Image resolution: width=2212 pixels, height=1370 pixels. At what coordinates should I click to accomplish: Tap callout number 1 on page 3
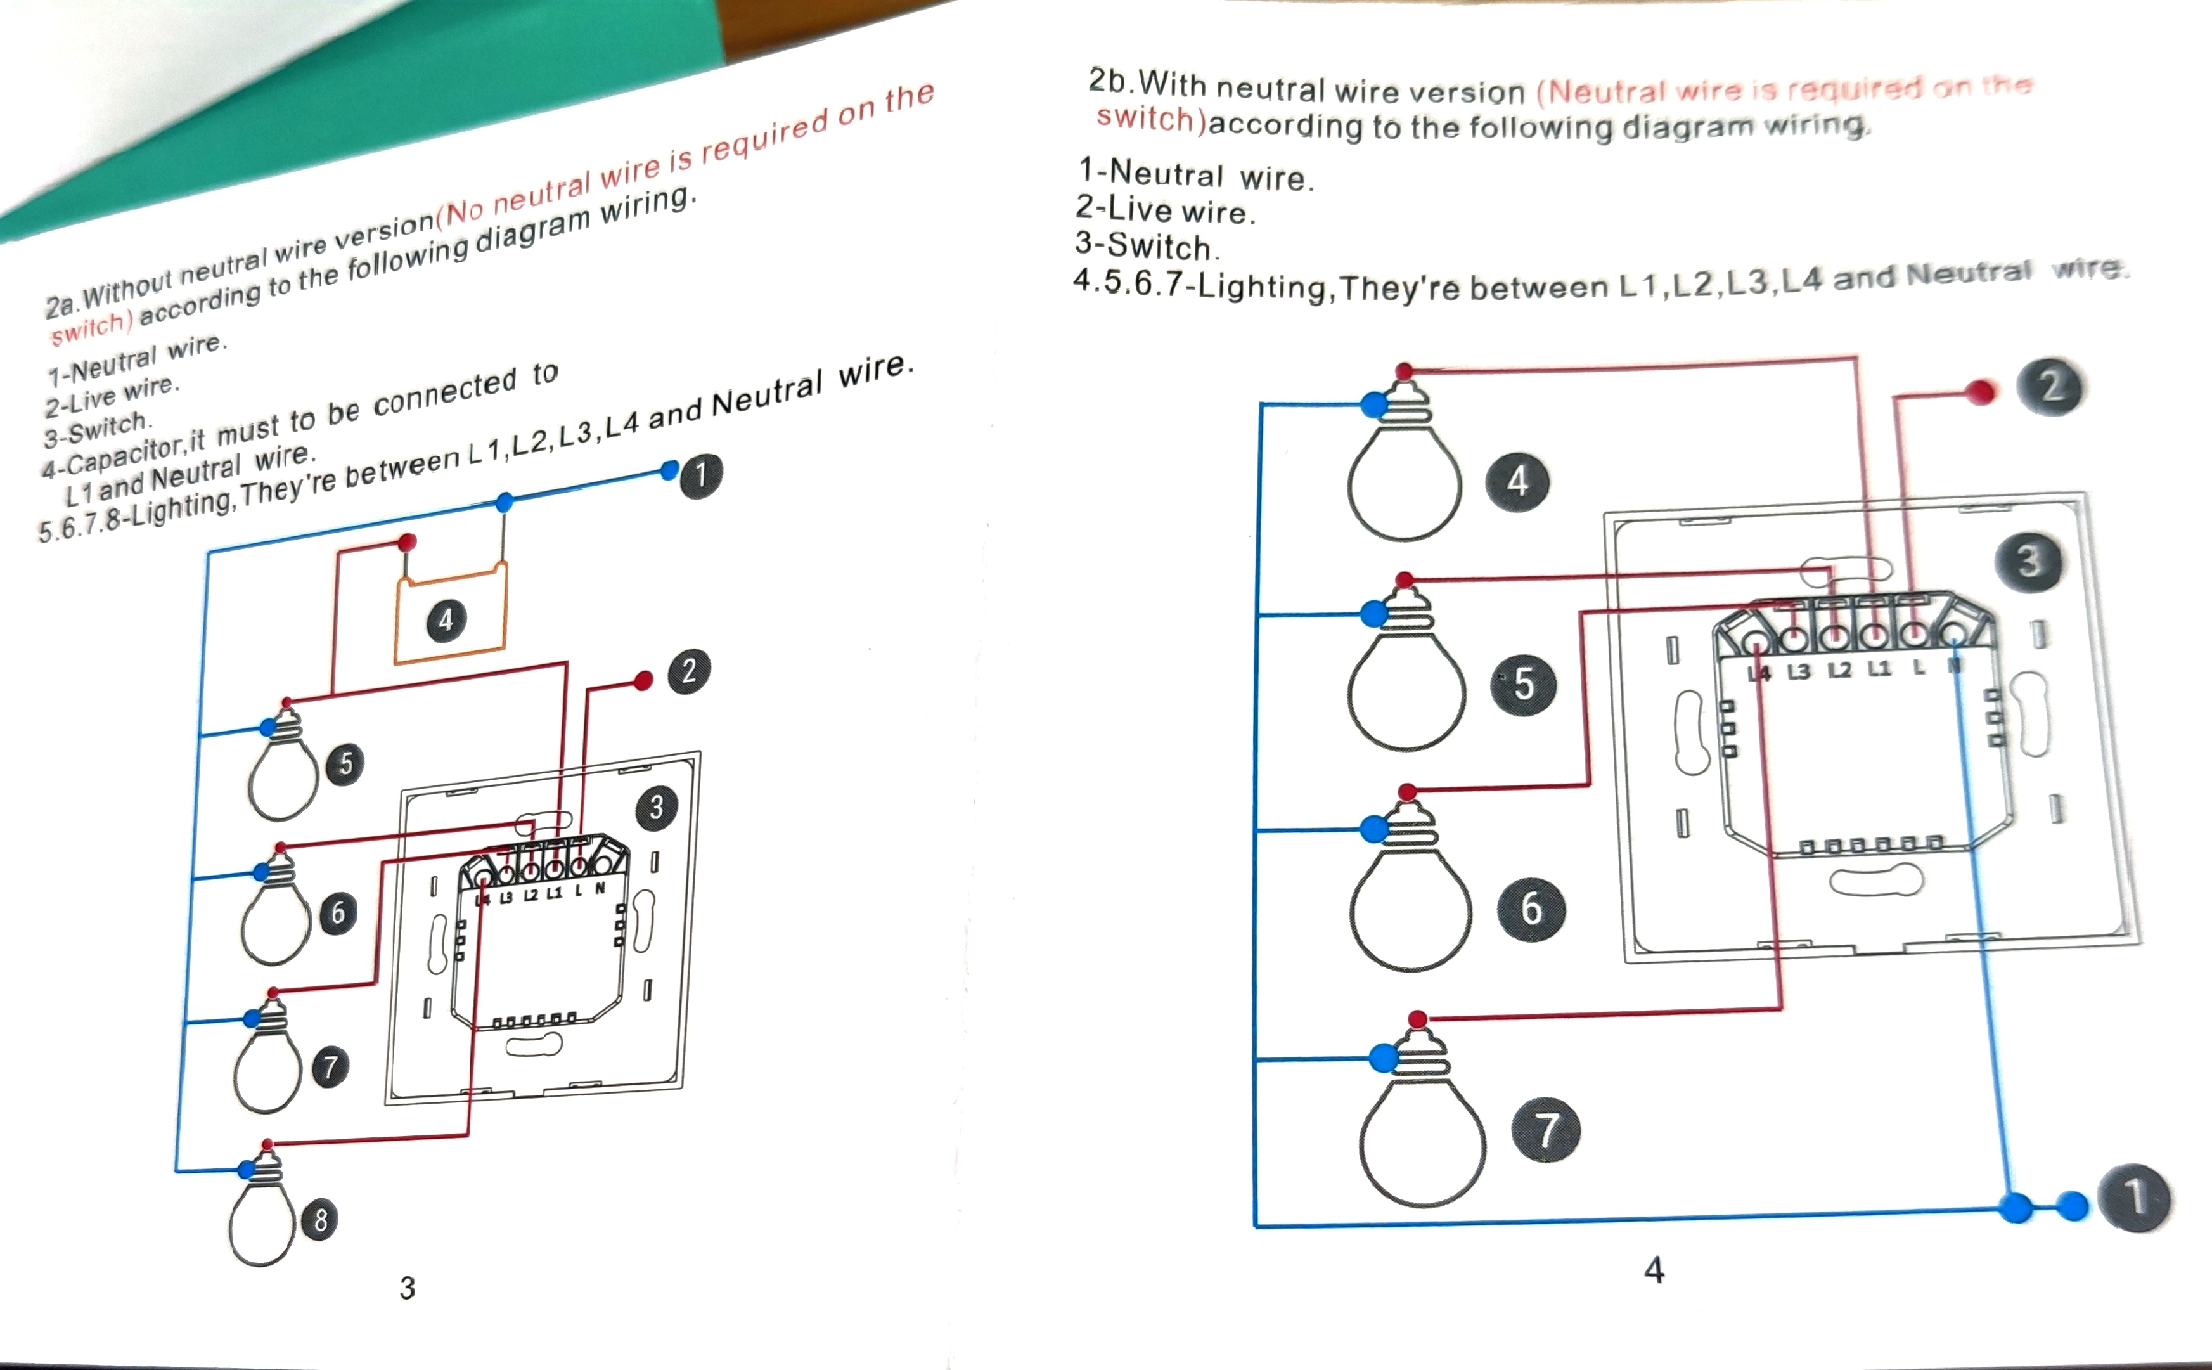click(700, 475)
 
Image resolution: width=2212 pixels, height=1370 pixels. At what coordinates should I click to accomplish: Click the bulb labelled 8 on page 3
click(262, 1218)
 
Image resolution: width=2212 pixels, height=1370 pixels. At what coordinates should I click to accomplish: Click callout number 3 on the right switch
click(2028, 561)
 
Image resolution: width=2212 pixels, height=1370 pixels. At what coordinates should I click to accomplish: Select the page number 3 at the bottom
click(408, 1288)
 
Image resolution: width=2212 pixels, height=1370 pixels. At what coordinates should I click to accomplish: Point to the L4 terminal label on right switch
click(1758, 672)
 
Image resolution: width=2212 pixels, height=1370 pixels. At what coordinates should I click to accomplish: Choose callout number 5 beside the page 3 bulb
click(346, 763)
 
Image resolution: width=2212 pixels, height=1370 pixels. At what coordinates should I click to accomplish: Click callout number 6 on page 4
click(1530, 907)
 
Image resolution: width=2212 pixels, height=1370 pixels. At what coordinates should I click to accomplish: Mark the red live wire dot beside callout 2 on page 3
click(643, 680)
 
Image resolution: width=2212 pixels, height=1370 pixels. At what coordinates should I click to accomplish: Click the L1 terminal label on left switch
click(553, 893)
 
